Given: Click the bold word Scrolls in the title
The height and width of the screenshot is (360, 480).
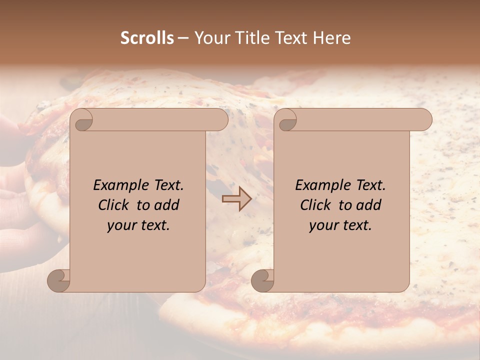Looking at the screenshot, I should click(x=147, y=38).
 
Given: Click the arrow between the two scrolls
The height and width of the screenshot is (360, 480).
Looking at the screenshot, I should click(x=236, y=199).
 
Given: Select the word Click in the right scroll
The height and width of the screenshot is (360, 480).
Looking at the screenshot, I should click(x=316, y=205).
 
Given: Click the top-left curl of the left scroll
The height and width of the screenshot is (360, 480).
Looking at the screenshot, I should click(x=82, y=120).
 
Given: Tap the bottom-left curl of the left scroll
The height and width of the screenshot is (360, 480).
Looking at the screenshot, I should click(x=59, y=280).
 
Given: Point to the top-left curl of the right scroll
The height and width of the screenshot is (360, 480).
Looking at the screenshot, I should click(x=286, y=120).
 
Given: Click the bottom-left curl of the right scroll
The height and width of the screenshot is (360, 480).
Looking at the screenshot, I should click(x=263, y=280).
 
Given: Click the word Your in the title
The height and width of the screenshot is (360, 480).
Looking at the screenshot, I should click(x=209, y=38).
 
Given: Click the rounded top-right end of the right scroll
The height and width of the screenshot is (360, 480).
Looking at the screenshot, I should click(x=423, y=120).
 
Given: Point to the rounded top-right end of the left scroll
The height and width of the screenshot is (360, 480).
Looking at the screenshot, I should click(x=219, y=120).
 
